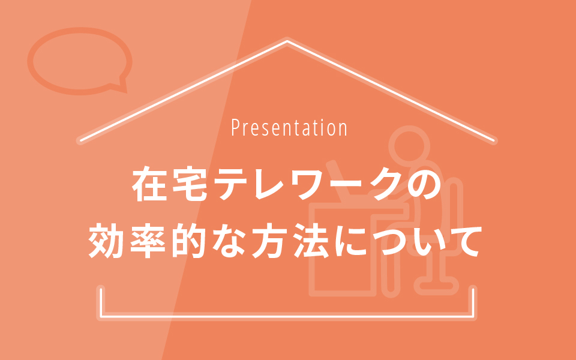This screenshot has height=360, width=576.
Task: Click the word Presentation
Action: coord(289,127)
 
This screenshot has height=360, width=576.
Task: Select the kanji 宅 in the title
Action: coord(190,184)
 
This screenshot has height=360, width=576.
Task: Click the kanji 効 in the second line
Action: coord(106,241)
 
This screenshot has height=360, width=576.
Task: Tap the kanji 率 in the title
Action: coord(147,241)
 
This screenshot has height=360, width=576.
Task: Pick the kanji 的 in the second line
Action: coord(188,241)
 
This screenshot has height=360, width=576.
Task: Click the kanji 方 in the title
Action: coord(269,241)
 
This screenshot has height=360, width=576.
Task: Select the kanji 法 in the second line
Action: coord(311,241)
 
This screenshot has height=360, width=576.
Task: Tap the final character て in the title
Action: coord(464,241)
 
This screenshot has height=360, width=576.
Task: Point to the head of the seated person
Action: coord(409,146)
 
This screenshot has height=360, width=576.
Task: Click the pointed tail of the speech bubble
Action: coord(125,91)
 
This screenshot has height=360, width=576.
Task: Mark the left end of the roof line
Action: coord(80,140)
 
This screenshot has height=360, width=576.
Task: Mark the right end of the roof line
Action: coord(494,140)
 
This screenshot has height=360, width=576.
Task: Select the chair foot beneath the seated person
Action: coord(436,286)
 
